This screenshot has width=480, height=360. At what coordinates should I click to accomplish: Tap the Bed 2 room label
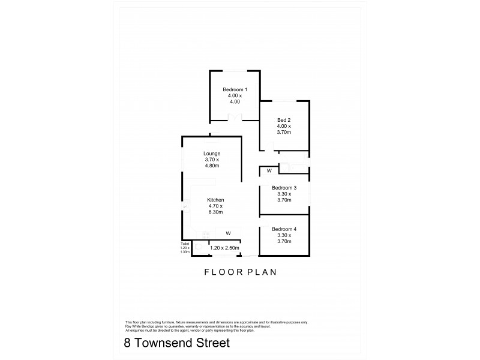284,119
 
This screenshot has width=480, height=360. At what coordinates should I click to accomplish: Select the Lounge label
212,154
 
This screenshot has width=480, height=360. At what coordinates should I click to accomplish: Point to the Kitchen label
215,200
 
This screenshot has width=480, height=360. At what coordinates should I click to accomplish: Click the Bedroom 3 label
284,187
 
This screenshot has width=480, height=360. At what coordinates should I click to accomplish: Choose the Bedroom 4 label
284,229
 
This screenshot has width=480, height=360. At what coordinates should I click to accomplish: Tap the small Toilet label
185,244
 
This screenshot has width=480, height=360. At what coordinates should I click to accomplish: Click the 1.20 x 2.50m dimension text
224,248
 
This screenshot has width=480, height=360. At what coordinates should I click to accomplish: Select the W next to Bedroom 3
269,171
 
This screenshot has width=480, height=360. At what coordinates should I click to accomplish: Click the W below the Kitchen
228,233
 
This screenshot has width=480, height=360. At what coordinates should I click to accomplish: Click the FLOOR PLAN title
240,272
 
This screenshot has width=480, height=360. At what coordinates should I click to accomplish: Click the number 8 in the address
127,344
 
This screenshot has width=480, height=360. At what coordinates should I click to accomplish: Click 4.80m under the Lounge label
212,167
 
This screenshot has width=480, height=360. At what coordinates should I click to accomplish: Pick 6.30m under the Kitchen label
215,213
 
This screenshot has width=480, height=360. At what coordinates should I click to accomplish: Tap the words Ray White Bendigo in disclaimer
140,325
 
